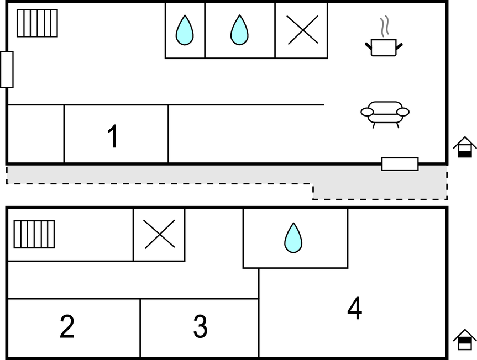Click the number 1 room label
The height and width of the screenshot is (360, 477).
click(113, 136)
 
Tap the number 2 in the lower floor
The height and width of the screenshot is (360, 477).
click(67, 326)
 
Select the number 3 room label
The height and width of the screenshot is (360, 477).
click(200, 326)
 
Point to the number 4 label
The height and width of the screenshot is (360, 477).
click(354, 309)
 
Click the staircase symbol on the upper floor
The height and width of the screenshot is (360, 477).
click(37, 23)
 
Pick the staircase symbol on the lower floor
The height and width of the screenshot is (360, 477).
click(34, 234)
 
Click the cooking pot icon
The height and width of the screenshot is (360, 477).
click(384, 46)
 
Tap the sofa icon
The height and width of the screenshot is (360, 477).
click(385, 113)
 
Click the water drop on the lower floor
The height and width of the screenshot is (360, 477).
click(293, 238)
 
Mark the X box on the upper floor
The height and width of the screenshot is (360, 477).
click(302, 30)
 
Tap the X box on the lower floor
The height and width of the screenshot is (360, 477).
click(159, 234)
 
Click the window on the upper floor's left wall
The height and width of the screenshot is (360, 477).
click(7, 70)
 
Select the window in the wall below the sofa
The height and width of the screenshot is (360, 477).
click(400, 164)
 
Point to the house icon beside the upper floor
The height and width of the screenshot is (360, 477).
click(465, 147)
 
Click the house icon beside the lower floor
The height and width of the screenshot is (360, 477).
click(465, 340)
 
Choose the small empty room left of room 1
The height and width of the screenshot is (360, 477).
click(35, 134)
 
